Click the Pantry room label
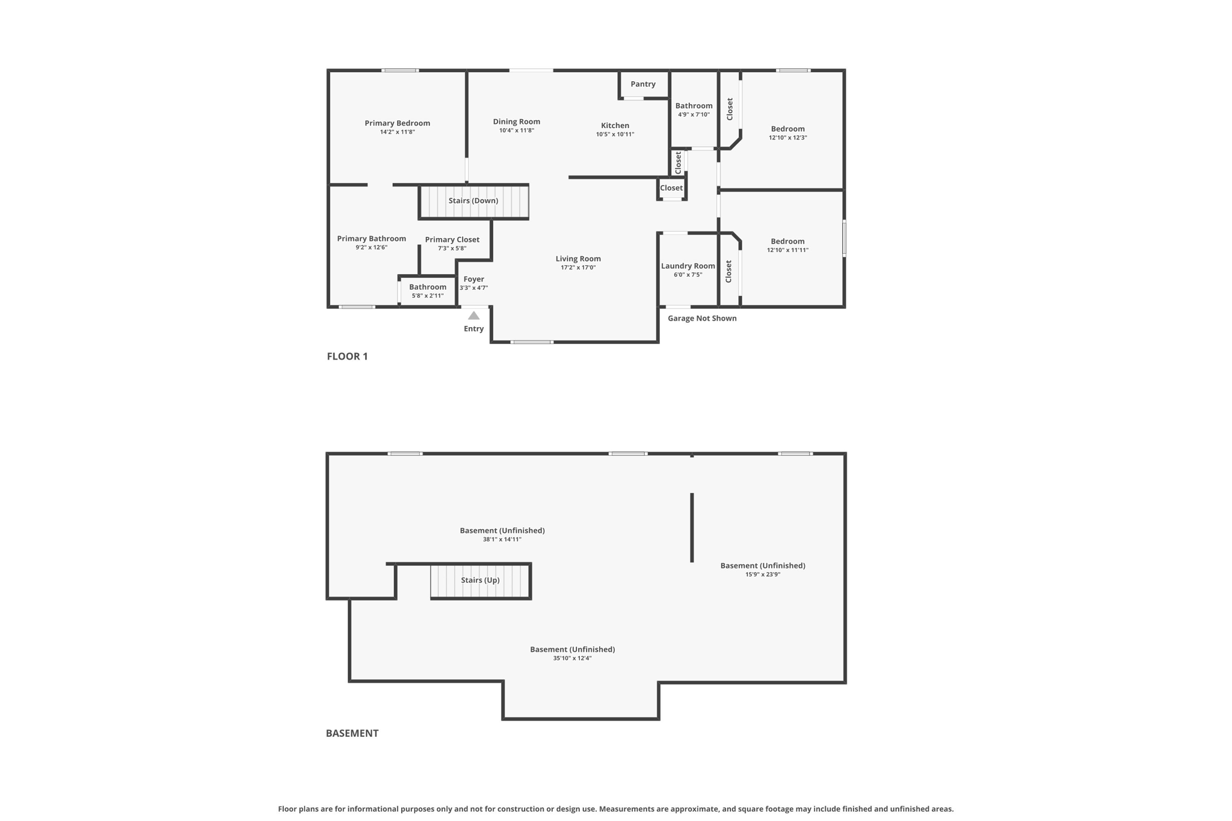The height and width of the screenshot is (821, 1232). (x=642, y=84)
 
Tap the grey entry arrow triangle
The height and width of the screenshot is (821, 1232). (x=473, y=316)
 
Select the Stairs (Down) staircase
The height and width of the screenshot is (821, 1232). (x=473, y=201)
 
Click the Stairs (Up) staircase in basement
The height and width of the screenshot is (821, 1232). (x=480, y=580)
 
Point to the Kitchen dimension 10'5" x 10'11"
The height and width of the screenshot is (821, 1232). (x=615, y=134)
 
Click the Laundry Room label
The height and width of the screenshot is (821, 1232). (x=688, y=266)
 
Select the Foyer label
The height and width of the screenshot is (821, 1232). (x=473, y=279)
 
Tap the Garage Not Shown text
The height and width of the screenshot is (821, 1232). (x=701, y=318)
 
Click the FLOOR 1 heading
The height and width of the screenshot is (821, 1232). (x=347, y=356)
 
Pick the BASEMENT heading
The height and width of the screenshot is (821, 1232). (x=352, y=733)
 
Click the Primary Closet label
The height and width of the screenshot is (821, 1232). (x=452, y=239)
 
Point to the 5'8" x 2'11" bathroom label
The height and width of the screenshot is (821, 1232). (x=427, y=295)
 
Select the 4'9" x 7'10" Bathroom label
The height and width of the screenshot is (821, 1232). (x=694, y=106)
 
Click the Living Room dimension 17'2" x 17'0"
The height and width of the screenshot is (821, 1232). (x=578, y=268)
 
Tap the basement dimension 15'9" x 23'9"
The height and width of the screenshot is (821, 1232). (x=762, y=574)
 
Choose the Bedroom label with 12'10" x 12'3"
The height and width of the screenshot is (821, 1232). (x=787, y=129)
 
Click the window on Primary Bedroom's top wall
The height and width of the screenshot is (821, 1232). (x=400, y=70)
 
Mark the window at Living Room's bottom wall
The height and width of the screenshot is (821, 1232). (x=532, y=342)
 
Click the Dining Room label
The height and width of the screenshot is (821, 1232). (x=516, y=121)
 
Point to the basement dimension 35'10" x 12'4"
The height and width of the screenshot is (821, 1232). (x=572, y=658)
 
